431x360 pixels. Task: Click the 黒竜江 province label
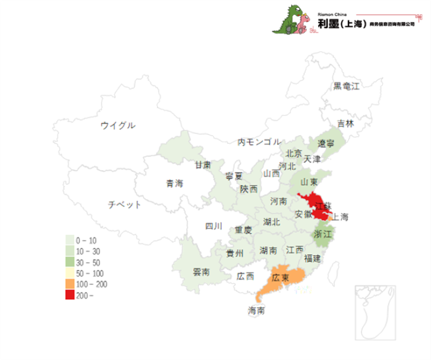click(x=347, y=86)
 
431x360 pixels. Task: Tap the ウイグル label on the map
click(x=118, y=125)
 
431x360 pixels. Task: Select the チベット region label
click(x=125, y=205)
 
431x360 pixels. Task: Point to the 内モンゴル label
click(x=259, y=142)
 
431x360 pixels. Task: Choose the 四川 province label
click(x=213, y=226)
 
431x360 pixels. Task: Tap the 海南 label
click(x=257, y=311)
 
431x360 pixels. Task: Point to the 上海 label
click(x=340, y=217)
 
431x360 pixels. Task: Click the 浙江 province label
click(x=324, y=234)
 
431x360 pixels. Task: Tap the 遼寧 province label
click(x=326, y=143)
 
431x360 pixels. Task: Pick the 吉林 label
click(x=345, y=124)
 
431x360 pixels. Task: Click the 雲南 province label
click(x=201, y=272)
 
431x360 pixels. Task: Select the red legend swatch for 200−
click(x=69, y=295)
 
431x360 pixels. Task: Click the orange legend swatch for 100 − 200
click(x=69, y=285)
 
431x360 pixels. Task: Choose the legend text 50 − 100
click(x=90, y=273)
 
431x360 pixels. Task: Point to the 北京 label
click(x=294, y=153)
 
